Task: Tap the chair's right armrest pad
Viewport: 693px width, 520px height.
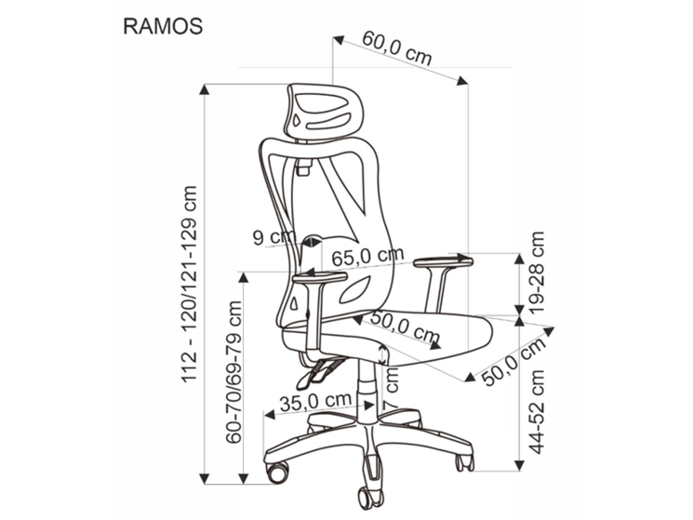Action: (443, 261)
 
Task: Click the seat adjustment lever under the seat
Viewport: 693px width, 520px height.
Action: (316, 373)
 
